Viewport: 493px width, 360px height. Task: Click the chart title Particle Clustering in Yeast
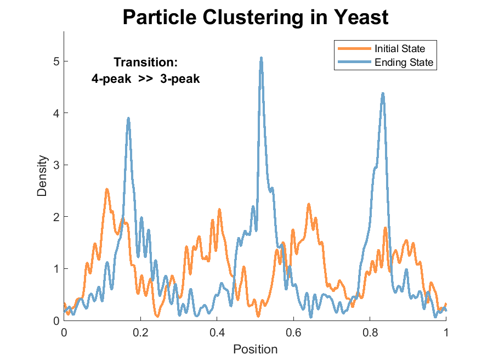click(x=255, y=17)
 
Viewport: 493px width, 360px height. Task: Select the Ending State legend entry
click(x=404, y=63)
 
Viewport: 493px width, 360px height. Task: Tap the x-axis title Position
click(x=255, y=349)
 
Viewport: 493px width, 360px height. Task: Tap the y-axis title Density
click(x=42, y=176)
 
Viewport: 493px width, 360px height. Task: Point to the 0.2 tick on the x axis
click(x=140, y=331)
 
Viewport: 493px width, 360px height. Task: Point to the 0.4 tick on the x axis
click(x=217, y=331)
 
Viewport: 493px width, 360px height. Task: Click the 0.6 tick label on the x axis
click(x=293, y=331)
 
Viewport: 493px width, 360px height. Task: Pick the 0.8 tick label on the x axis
click(x=370, y=331)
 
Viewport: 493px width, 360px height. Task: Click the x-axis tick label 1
click(x=446, y=331)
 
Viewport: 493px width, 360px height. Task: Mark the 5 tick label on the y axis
click(x=56, y=61)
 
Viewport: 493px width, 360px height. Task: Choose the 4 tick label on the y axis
click(x=56, y=113)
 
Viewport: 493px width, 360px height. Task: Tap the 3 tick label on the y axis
click(x=56, y=165)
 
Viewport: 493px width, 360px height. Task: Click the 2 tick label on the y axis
click(x=56, y=217)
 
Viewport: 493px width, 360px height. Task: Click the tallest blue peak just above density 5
click(x=262, y=58)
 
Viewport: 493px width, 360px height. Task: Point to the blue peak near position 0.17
click(x=128, y=119)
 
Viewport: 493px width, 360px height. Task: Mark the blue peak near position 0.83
click(x=383, y=94)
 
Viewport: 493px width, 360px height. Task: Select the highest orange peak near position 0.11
click(x=106, y=189)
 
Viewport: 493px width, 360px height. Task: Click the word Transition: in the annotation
click(x=145, y=63)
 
